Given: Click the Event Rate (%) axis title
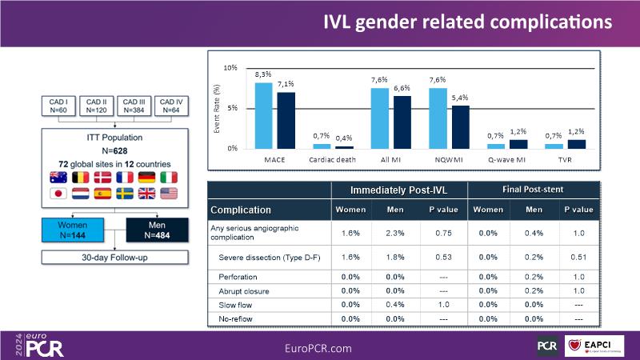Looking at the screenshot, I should [217, 109].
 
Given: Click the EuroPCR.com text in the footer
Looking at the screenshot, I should [319, 348].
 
